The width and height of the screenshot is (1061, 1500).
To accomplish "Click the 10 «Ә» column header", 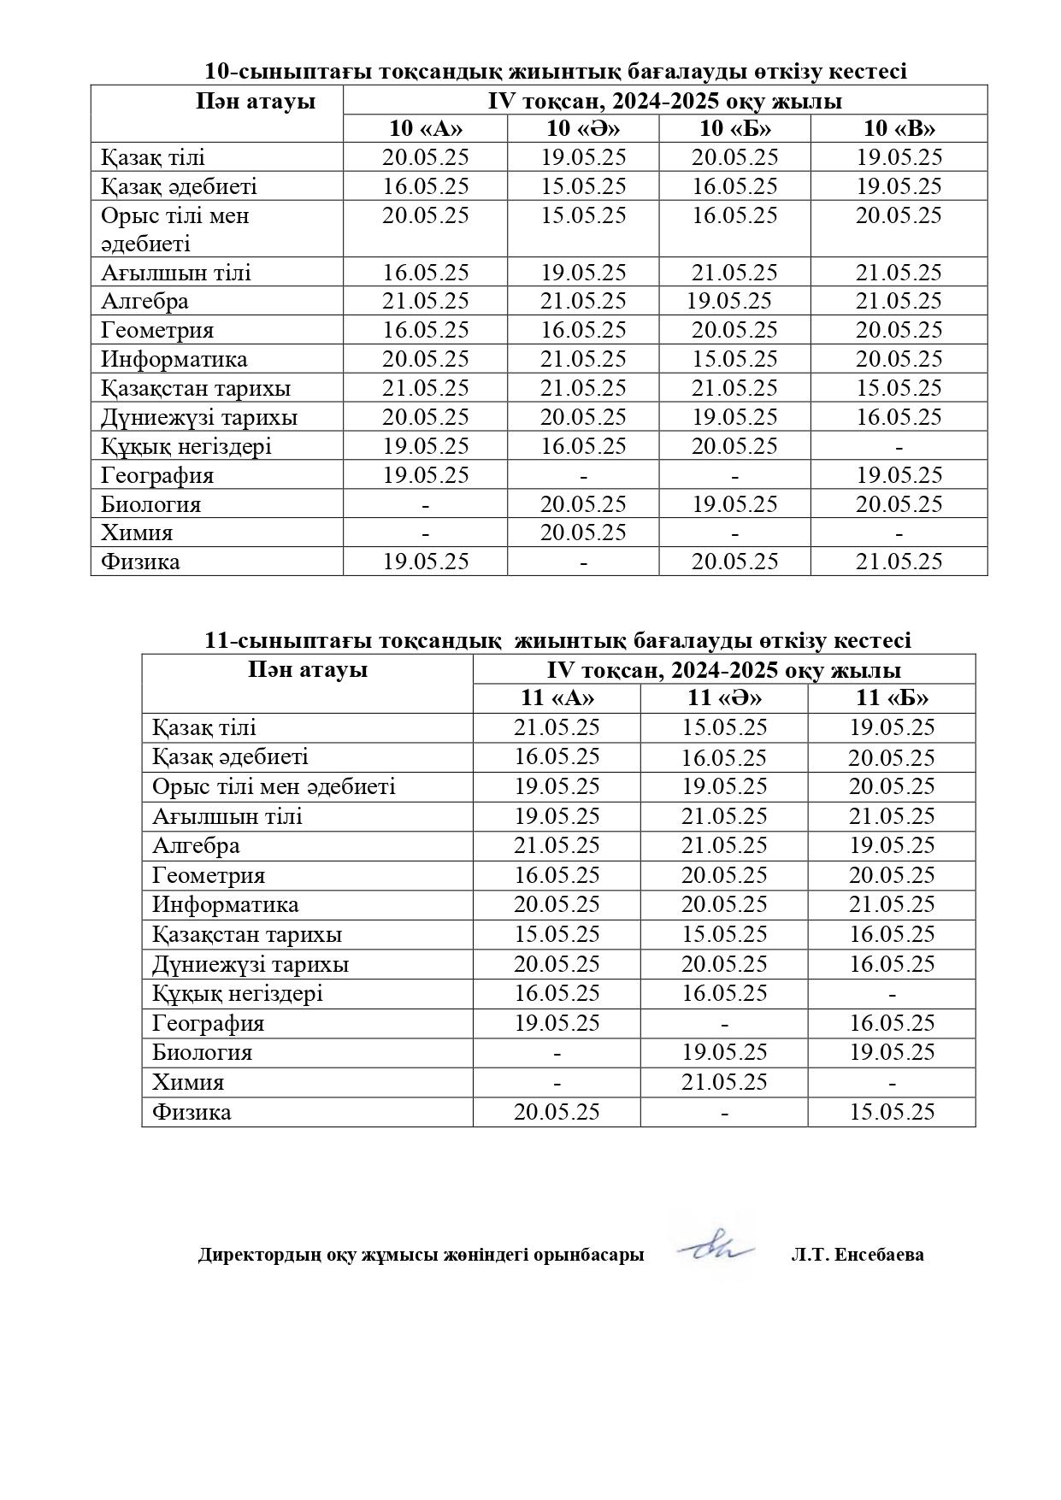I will (x=583, y=129).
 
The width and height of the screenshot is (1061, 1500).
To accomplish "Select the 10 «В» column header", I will (x=899, y=129).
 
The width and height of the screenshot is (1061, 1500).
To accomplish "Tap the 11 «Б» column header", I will (x=892, y=698).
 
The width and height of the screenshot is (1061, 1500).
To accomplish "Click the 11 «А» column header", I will (x=557, y=698).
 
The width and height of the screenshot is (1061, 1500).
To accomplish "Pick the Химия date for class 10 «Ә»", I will (x=583, y=533).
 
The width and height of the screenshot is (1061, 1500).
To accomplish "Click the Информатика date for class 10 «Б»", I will (x=734, y=359).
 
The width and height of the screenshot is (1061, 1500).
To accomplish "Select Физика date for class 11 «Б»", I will (x=892, y=1112).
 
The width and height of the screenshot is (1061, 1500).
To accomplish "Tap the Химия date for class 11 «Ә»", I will (x=724, y=1082).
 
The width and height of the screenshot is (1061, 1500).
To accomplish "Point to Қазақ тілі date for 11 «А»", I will (x=557, y=728).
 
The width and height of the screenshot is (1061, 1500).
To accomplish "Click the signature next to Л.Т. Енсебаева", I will (x=716, y=1250).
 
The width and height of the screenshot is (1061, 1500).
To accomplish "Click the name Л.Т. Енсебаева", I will (x=858, y=1256).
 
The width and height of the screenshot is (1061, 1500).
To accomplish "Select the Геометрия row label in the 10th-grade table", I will (x=157, y=331).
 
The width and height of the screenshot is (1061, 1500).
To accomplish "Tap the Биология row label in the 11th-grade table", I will (x=202, y=1053).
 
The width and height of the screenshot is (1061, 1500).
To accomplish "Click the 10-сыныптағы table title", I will (x=555, y=72).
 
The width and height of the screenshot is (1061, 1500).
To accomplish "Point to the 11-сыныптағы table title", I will (x=557, y=640).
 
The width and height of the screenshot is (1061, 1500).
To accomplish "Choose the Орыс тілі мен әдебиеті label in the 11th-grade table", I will (x=274, y=786).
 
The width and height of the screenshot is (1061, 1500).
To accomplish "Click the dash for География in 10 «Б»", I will (x=734, y=476).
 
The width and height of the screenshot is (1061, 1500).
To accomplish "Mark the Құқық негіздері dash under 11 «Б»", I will (x=892, y=994).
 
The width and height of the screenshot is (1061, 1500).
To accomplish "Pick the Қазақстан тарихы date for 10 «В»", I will (x=899, y=388).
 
